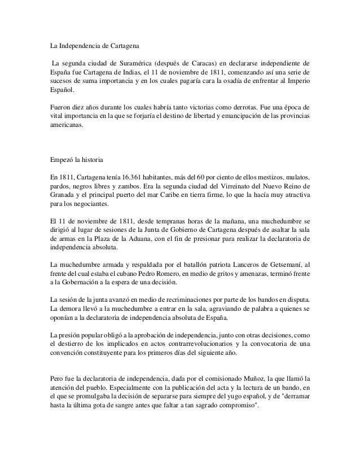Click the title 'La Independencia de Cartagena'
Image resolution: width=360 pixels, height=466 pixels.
click(97, 44)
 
